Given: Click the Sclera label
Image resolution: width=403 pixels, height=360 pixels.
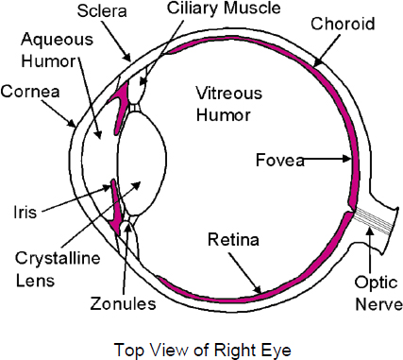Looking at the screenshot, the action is tap(102, 11).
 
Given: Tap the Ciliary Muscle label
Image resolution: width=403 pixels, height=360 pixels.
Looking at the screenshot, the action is tap(224, 9).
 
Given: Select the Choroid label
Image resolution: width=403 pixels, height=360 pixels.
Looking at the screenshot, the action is tap(343, 24).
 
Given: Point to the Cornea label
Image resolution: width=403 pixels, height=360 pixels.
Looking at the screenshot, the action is tap(30, 92).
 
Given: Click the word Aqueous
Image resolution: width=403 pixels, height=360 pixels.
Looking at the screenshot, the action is tap(58, 40).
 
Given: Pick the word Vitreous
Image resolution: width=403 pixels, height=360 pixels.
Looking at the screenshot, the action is tap(229, 94).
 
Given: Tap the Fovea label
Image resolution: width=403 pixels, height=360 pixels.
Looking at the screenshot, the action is tap(280, 160).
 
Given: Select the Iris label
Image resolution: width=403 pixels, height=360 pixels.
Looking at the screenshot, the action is tap(25, 212).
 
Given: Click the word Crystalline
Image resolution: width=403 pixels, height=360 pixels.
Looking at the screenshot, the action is tap(58, 259).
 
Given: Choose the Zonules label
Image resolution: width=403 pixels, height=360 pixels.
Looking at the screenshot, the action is tap(123, 304).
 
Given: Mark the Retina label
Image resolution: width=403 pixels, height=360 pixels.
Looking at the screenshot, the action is tap(233, 239).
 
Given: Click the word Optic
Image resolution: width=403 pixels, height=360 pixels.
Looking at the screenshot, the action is tap(377, 283).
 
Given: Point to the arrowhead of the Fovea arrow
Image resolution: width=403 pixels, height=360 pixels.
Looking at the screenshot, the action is tap(347, 158).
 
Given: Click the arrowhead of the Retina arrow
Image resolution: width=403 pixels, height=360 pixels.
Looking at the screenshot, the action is tap(257, 289).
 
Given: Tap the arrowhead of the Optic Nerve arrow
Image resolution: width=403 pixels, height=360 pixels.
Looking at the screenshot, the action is tap(370, 231).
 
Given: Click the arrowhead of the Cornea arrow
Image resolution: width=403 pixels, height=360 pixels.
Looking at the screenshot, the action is tap(72, 123).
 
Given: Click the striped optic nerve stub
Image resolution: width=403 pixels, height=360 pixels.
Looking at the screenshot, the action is tap(375, 222).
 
